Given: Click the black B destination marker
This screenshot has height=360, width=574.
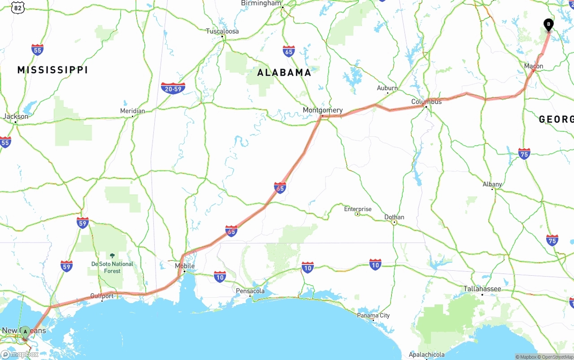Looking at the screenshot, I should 548,24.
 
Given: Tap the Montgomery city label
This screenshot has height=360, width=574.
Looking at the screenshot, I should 322,110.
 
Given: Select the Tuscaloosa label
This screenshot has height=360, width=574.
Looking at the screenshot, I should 222,31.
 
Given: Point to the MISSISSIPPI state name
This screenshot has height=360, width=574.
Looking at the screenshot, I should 52,70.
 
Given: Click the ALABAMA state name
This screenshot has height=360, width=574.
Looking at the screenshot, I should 284,73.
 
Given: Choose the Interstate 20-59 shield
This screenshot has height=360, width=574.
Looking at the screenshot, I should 173,88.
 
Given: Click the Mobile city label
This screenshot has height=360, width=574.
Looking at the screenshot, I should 185,266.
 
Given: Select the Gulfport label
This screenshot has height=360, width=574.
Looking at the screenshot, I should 102,296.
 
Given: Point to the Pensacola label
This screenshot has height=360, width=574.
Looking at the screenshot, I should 250,291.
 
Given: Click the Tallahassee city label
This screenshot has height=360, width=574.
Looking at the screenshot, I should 482,289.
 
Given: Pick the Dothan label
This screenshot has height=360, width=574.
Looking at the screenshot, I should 394,217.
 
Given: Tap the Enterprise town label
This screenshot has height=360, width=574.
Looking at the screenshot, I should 358,209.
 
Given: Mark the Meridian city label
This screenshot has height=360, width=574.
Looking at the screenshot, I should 132,111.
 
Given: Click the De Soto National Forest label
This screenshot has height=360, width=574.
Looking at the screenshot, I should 112,267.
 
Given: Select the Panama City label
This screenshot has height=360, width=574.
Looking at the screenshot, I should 373,315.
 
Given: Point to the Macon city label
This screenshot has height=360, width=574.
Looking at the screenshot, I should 534,66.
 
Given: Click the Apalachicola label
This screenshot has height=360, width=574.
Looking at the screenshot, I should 426,355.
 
